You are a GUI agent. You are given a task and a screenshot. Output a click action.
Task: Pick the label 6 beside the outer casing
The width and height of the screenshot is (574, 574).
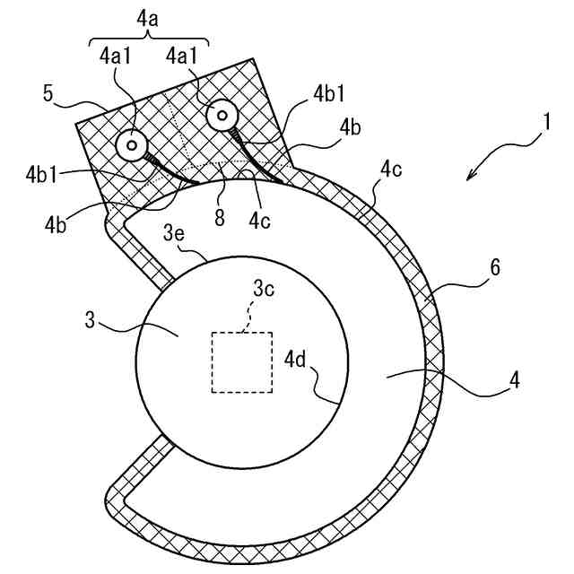pos(495,267)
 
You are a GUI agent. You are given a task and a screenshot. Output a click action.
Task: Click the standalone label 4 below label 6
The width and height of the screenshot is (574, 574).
pos(514,380)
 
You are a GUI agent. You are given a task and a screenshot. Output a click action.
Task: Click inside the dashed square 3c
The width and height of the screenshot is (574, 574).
pos(241,361)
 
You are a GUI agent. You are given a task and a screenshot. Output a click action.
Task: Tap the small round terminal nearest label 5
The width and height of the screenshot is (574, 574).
pos(131,144)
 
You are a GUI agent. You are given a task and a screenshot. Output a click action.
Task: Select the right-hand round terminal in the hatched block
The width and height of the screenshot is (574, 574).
pos(220,115)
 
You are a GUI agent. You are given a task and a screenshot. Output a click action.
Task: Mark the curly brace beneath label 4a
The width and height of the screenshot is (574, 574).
pos(148,39)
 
